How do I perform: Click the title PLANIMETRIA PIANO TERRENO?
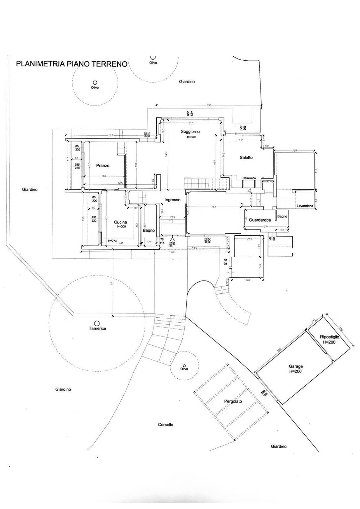click(72, 64)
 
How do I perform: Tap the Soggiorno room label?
click(190, 131)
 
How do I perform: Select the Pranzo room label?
click(103, 165)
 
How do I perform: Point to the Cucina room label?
click(120, 222)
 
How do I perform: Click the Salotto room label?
click(246, 158)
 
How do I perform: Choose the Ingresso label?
click(172, 200)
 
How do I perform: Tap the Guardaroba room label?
click(260, 220)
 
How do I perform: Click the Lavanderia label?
click(305, 206)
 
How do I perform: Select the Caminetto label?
click(249, 178)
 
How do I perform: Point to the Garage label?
click(296, 366)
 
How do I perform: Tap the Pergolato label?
click(233, 401)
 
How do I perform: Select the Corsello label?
click(165, 424)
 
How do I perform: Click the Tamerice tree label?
click(97, 328)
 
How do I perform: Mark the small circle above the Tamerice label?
click(97, 323)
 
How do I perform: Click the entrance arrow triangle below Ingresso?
click(172, 238)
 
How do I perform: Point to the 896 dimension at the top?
click(209, 105)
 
